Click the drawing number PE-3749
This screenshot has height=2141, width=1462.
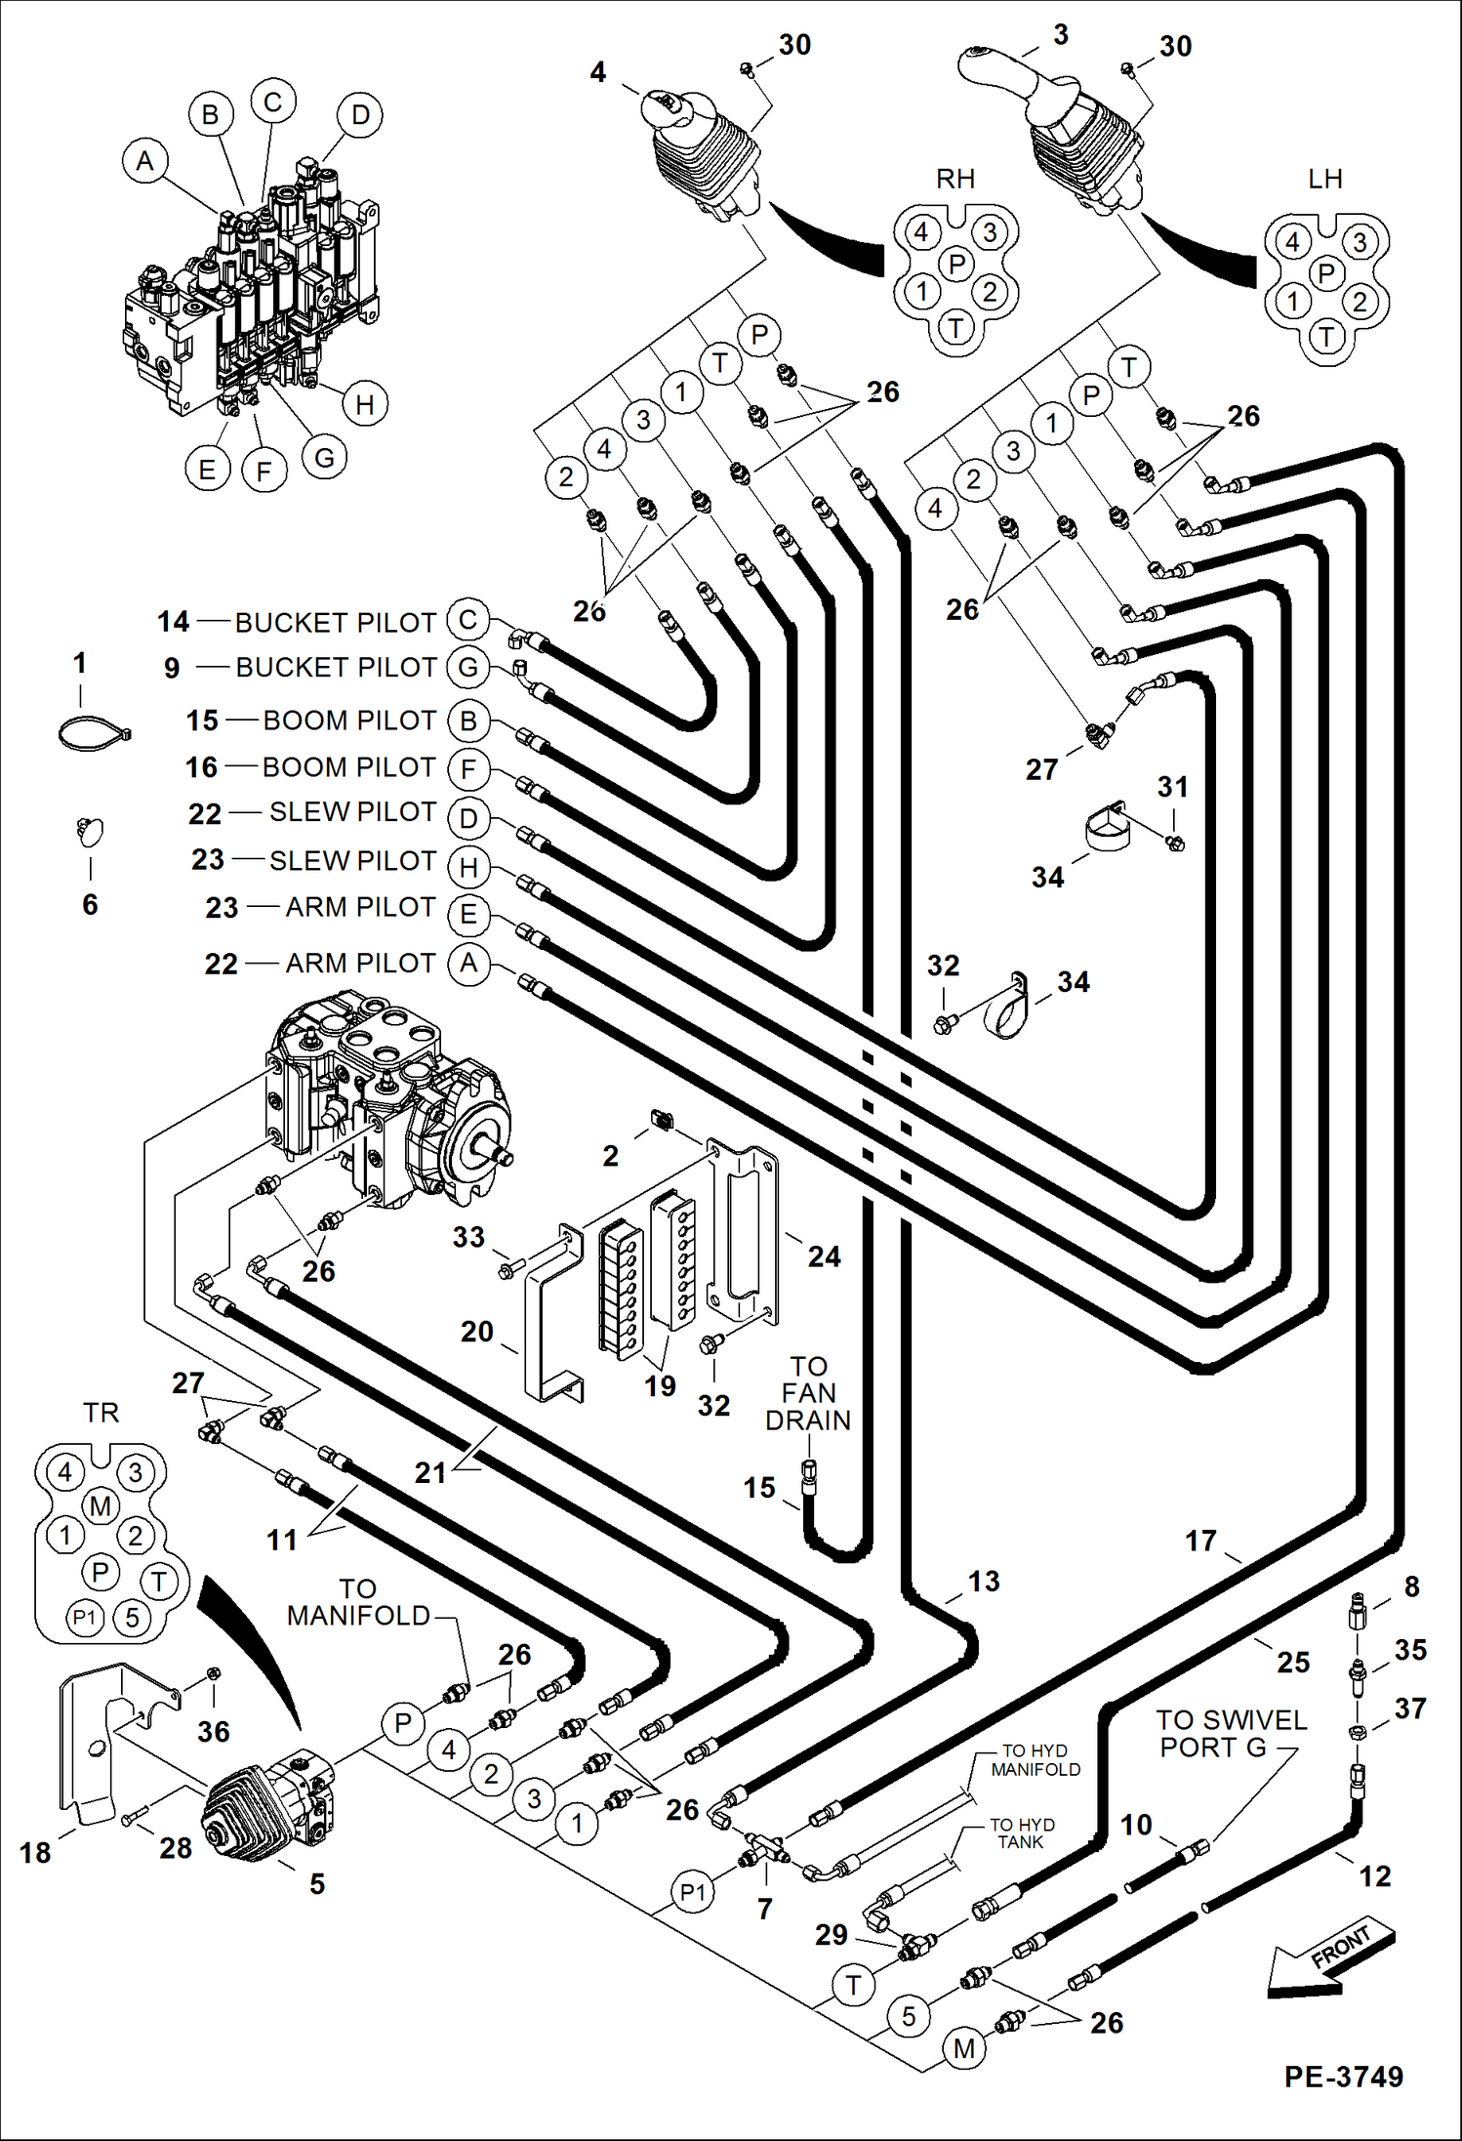(x=1343, y=2076)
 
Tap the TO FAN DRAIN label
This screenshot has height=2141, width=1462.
(x=808, y=1393)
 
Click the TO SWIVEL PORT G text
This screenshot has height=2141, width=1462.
(x=1231, y=1733)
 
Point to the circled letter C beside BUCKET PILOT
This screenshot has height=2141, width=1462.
(x=467, y=620)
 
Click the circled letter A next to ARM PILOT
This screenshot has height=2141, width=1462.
(x=468, y=964)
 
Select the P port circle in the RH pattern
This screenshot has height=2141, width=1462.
(x=956, y=263)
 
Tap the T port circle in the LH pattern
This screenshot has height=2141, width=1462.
(x=1325, y=338)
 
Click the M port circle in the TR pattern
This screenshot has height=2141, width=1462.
(x=101, y=1505)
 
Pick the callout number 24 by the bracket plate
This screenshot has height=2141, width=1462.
(x=824, y=1256)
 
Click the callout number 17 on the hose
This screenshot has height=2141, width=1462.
(x=1200, y=1541)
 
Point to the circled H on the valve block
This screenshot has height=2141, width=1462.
(x=364, y=404)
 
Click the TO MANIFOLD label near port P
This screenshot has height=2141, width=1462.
(x=358, y=1602)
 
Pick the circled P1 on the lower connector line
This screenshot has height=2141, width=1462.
(x=692, y=1892)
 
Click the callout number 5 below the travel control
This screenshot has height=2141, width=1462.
(x=317, y=1883)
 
